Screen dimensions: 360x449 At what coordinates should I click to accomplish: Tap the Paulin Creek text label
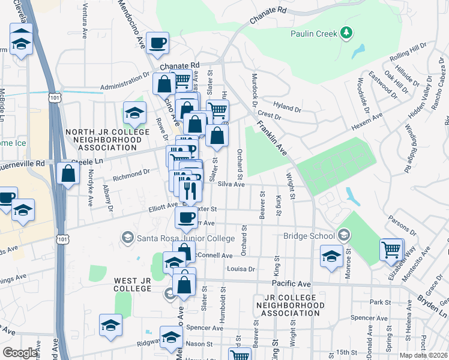pyautogui.click(x=314, y=34)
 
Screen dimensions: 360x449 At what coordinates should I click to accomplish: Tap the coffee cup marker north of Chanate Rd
pyautogui.click(x=157, y=43)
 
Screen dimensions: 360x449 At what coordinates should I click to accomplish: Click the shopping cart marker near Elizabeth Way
pyautogui.click(x=391, y=248)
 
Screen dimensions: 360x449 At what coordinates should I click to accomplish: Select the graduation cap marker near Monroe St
pyautogui.click(x=331, y=256)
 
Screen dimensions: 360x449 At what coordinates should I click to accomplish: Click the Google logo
pyautogui.click(x=20, y=353)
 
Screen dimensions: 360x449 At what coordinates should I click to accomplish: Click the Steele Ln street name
pyautogui.click(x=88, y=162)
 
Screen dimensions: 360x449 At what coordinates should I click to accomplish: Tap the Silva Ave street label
pyautogui.click(x=231, y=185)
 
